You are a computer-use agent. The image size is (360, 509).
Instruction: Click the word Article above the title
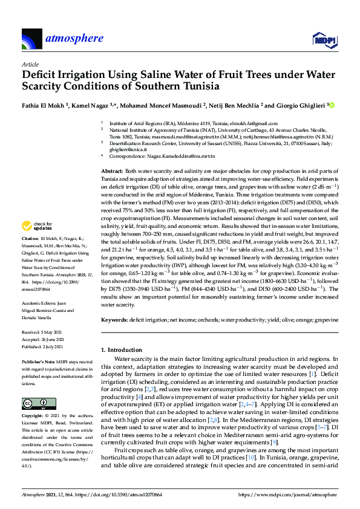pos(30,64)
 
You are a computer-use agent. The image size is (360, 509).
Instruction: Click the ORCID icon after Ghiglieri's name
pos(332,105)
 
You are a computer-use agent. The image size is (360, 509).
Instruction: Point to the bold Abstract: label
pos(113,172)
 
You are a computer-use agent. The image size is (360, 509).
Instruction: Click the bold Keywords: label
pos(115,319)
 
